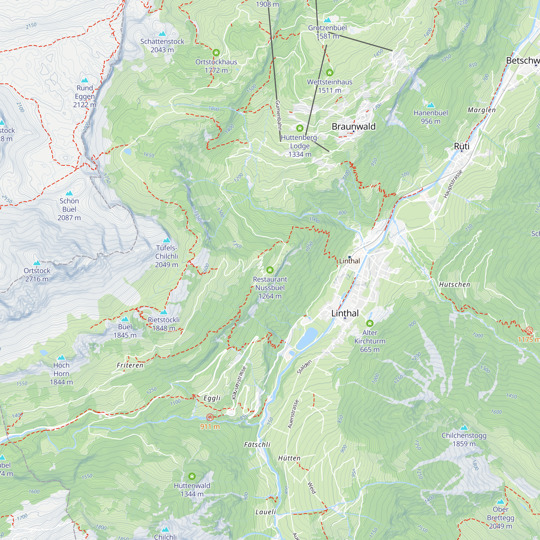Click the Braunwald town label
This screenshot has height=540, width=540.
(x=354, y=127)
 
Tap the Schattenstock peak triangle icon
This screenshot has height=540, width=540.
(x=162, y=34)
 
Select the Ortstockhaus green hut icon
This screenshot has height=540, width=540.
(x=216, y=53)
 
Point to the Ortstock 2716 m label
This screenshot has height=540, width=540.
(x=37, y=275)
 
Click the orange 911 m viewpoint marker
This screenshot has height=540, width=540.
(x=210, y=418)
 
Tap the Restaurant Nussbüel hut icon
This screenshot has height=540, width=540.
(x=270, y=270)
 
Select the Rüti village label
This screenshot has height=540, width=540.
(x=461, y=146)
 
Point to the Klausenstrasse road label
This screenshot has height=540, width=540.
(x=239, y=383)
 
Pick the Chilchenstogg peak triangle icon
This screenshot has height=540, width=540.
(x=464, y=428)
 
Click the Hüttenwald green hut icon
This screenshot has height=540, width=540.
(x=192, y=476)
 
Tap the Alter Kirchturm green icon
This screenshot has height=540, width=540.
(x=370, y=323)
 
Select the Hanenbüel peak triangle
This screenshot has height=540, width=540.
(x=431, y=105)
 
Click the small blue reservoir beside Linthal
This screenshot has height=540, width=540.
(x=307, y=339)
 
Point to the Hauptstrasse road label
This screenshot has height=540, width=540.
(x=453, y=184)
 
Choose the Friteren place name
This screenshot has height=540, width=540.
(x=130, y=365)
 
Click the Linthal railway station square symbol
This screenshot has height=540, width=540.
(x=349, y=257)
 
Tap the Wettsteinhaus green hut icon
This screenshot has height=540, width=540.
(x=329, y=73)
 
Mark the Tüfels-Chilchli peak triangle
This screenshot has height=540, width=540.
(x=167, y=240)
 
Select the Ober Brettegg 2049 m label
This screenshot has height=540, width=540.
(x=500, y=518)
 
